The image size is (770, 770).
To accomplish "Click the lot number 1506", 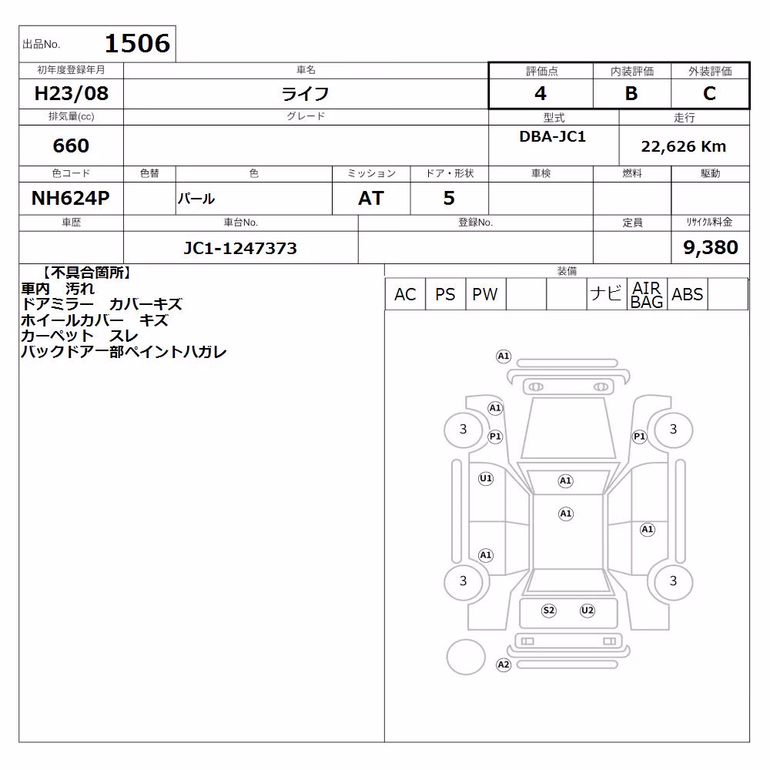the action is [x=138, y=43].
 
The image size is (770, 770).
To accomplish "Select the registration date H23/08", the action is [x=71, y=93].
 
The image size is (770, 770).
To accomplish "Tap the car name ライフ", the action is [x=305, y=94].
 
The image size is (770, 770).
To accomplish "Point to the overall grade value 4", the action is [x=541, y=93].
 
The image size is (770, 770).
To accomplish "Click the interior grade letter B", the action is [x=631, y=93].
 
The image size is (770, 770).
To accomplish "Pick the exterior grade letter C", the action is [x=709, y=93].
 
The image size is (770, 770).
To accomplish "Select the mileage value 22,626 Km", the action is [x=684, y=146].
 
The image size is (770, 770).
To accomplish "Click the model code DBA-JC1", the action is [x=553, y=136].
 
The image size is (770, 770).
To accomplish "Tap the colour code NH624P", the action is [x=71, y=199].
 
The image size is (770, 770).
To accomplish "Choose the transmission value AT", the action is [x=371, y=199].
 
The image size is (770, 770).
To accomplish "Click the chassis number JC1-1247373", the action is [x=240, y=248].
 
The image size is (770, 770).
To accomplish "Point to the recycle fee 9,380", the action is [x=711, y=247].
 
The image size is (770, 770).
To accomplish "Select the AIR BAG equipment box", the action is [x=647, y=294].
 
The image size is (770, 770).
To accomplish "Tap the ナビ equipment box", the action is [x=607, y=294].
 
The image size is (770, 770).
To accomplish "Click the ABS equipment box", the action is [x=688, y=294].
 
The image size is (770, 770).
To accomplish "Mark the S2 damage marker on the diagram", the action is [x=548, y=611].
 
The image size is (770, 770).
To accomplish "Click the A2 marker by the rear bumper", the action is [x=504, y=665].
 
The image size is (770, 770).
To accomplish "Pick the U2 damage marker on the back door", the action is [x=588, y=611].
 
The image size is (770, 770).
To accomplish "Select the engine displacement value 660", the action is [x=71, y=146].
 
